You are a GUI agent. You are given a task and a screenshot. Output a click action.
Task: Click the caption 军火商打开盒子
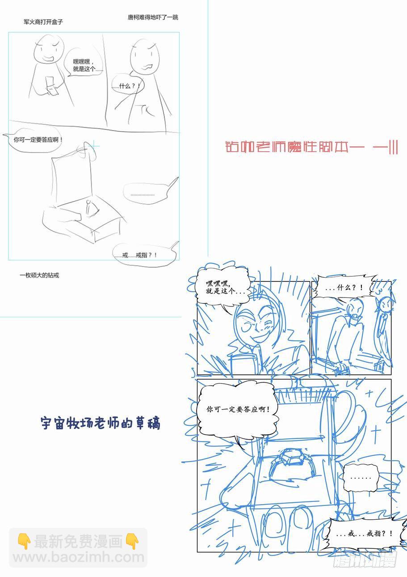tap(43, 22)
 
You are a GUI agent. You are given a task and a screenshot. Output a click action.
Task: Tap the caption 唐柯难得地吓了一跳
tap(153, 17)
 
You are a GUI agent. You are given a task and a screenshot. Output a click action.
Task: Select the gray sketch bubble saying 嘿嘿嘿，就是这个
tap(84, 62)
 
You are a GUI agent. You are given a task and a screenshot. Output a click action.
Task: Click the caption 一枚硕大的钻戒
tap(39, 276)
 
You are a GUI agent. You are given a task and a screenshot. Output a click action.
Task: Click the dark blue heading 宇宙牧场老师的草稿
tap(101, 423)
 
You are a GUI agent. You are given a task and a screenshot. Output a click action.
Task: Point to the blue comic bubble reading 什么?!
tap(344, 287)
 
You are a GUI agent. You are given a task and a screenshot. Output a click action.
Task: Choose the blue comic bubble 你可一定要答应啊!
tap(237, 410)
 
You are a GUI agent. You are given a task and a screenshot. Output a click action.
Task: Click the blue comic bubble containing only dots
tap(361, 478)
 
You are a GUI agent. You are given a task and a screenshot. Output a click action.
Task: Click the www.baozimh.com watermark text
tap(79, 557)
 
